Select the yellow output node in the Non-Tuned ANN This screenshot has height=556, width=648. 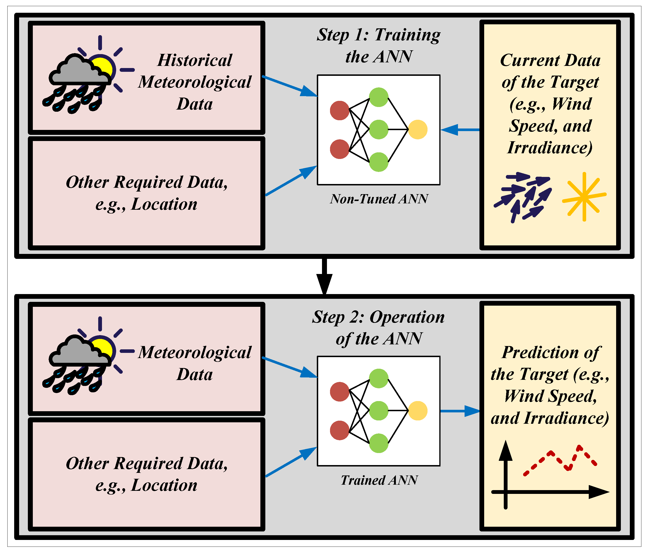tap(418, 129)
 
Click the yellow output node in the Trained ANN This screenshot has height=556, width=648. tap(418, 411)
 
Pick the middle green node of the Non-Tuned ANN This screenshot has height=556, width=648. tap(378, 129)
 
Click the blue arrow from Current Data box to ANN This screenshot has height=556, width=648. tap(460, 129)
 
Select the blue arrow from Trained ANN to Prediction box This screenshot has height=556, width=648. tap(460, 411)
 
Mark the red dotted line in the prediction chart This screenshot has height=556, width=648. tap(560, 462)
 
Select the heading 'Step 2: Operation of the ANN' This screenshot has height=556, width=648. tap(378, 328)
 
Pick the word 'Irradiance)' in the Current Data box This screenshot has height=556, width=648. tap(550, 148)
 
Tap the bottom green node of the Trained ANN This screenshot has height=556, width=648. tap(378, 443)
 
